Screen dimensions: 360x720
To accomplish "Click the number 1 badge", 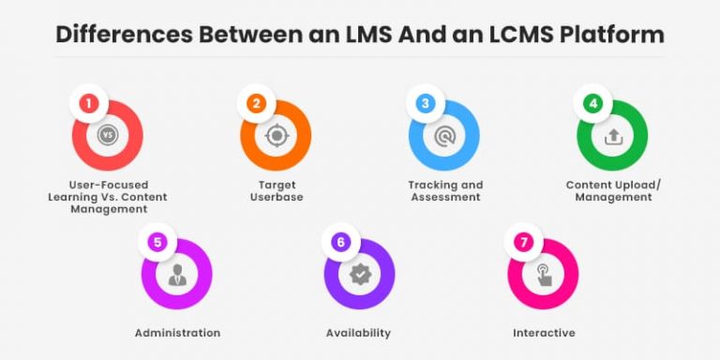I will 88,104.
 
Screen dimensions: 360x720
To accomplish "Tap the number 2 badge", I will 257,104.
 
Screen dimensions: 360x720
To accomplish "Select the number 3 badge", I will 425,104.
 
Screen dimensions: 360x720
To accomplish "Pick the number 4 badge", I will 592,104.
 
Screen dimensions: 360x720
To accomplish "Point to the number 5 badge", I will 157,243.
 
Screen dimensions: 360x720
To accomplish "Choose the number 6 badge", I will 340,243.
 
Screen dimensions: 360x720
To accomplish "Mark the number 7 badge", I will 523,243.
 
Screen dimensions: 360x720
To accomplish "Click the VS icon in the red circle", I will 108,136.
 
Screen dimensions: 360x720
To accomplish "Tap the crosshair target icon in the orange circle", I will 276,136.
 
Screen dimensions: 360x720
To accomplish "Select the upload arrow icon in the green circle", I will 612,136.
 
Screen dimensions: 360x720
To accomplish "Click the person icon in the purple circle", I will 176,275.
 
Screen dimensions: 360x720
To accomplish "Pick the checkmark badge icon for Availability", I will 359,275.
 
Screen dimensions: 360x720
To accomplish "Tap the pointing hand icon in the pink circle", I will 543,275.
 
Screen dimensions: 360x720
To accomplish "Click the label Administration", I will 177,333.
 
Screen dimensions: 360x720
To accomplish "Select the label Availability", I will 358,333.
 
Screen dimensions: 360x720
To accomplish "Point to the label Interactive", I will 544,333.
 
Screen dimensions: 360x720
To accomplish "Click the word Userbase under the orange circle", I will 277,197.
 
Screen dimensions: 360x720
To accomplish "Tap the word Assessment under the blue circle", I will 445,197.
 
